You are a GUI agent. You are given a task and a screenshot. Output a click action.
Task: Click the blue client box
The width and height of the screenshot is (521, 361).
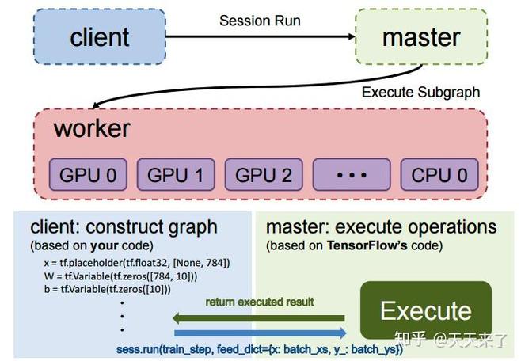100,37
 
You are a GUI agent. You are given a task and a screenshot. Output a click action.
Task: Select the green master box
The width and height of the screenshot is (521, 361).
420,37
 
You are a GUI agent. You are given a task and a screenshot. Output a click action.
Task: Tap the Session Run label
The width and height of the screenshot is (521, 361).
260,21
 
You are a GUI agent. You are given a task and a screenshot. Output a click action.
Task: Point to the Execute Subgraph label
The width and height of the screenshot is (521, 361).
420,92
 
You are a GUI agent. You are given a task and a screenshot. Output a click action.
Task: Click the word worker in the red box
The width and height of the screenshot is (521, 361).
92,128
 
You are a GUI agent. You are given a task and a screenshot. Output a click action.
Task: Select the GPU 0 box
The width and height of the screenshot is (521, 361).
89,175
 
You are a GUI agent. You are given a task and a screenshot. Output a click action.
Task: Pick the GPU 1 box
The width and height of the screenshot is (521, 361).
177,175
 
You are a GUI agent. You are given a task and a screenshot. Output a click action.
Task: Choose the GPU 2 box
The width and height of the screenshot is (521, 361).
264,175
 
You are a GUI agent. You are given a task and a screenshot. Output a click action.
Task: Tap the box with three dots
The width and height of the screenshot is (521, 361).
352,175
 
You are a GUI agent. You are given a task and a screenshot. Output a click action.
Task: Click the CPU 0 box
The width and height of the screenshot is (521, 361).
439,175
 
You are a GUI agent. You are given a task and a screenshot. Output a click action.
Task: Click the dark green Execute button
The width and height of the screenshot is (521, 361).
425,310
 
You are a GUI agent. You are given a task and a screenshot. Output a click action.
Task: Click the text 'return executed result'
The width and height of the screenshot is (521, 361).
260,302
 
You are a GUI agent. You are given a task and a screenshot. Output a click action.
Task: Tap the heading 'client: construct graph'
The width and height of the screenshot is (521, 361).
124,227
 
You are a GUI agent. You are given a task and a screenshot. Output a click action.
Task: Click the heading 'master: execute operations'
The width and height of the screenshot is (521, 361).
381,227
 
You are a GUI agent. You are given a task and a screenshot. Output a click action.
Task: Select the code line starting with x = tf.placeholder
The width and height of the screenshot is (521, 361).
136,262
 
